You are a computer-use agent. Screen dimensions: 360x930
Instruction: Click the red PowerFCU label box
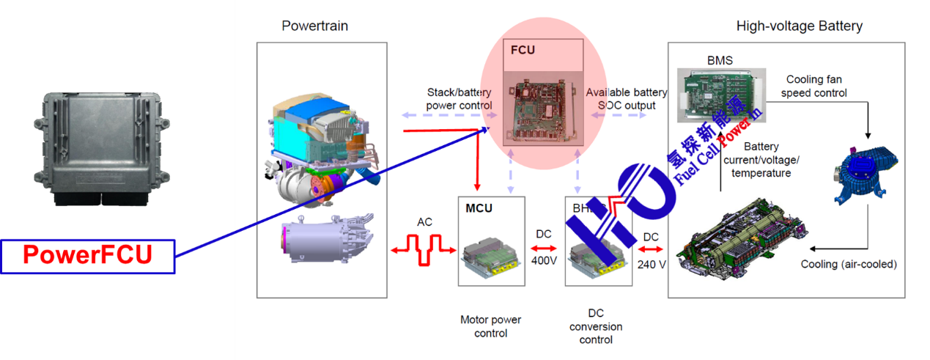pos(87,256)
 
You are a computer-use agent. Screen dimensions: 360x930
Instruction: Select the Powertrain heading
pos(314,26)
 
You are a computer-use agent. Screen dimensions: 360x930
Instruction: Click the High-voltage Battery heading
pos(799,26)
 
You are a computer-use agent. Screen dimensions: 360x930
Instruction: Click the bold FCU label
pos(523,51)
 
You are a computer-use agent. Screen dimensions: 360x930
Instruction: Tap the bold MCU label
pos(479,208)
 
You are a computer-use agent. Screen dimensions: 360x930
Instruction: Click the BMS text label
pos(719,61)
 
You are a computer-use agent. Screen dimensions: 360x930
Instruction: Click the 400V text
pos(545,261)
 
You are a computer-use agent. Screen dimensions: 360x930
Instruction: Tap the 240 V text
pos(650,264)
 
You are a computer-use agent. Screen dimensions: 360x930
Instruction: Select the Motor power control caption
pos(490,326)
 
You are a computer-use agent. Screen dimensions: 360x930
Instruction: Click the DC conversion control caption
pos(595,326)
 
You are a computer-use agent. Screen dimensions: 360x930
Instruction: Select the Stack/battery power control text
pos(459,99)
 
